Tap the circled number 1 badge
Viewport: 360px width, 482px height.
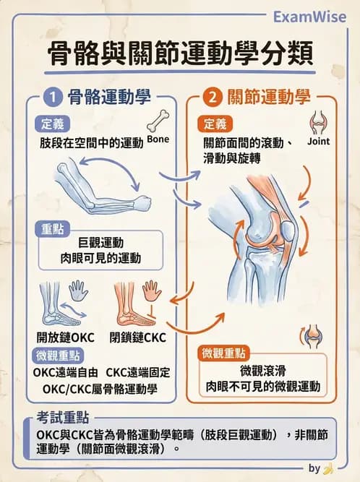(53, 95)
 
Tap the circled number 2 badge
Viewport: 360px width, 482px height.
(213, 95)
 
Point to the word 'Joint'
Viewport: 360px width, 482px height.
(318, 142)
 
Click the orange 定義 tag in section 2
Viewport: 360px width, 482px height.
(215, 124)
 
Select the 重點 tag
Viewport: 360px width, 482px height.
(52, 229)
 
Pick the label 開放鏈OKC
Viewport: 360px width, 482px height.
(66, 337)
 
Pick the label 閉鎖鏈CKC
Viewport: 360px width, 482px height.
(137, 337)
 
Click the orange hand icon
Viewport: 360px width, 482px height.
(152, 291)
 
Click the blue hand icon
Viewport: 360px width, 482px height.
(77, 291)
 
